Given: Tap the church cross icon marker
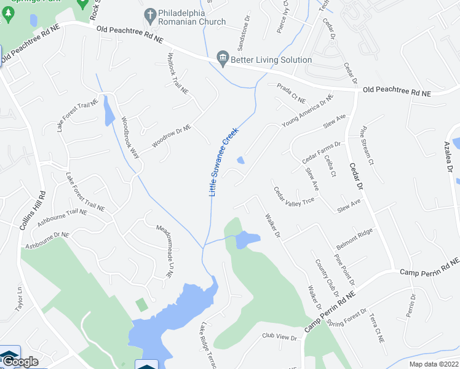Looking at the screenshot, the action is tap(149, 14).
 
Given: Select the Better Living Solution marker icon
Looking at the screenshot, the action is tap(223, 60).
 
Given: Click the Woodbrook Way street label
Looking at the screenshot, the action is tap(130, 138).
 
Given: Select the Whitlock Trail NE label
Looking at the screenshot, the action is tap(178, 73).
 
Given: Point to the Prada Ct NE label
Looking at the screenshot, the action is tap(290, 93).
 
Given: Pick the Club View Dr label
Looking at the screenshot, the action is tap(279, 337).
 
